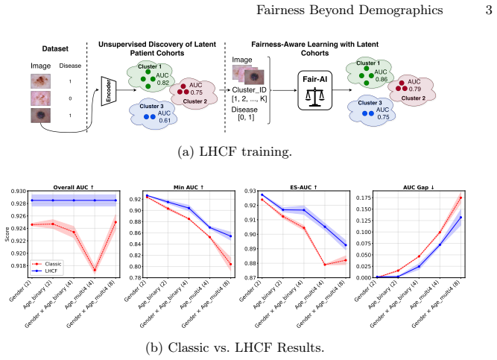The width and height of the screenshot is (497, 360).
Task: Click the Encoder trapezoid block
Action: (109, 91)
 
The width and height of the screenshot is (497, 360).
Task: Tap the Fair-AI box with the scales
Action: (314, 90)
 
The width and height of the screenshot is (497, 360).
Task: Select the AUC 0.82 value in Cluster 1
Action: (162, 79)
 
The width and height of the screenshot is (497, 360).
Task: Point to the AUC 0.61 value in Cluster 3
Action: (164, 116)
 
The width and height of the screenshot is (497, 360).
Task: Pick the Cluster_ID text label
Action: (249, 90)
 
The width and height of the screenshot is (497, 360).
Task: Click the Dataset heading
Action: (55, 48)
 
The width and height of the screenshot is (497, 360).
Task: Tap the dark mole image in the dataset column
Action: (40, 116)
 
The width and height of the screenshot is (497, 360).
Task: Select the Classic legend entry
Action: (47, 264)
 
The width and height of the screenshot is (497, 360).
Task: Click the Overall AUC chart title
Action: (74, 188)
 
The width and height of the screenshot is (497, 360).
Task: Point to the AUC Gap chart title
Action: (419, 188)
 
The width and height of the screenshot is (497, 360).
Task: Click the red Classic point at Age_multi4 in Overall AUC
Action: (95, 271)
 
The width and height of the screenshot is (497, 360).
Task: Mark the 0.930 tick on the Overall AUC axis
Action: (19, 192)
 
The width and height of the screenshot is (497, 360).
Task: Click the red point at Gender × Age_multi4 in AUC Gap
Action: (460, 198)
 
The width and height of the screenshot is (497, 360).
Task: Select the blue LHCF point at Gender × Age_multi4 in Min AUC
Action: (230, 236)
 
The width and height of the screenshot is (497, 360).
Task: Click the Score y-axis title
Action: (7, 234)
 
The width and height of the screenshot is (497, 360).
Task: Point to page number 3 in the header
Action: (489, 10)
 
